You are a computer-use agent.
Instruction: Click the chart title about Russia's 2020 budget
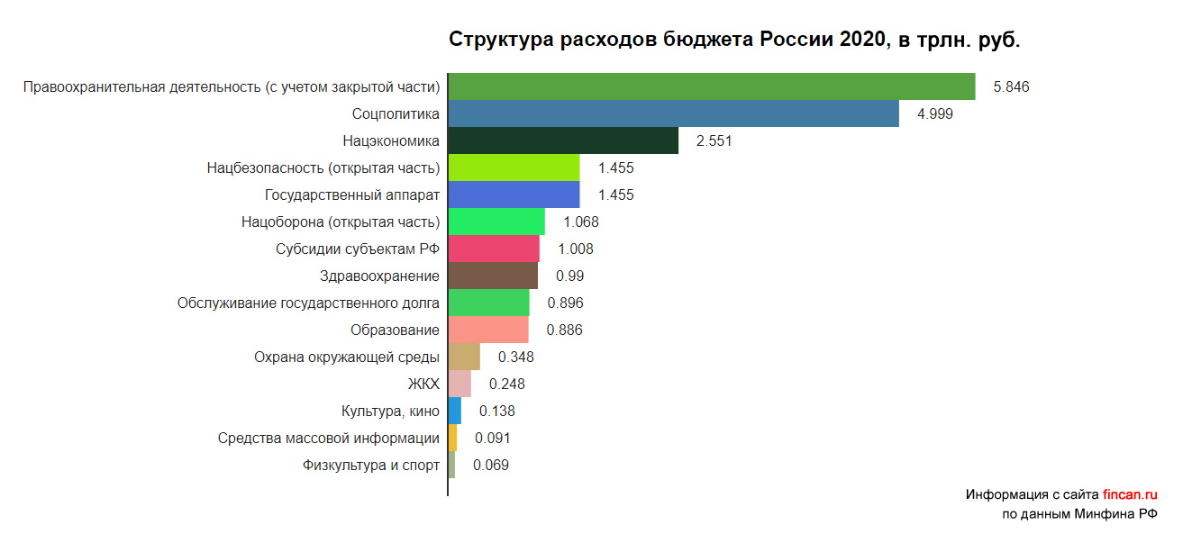click(734, 41)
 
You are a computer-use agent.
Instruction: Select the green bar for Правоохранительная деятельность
click(712, 86)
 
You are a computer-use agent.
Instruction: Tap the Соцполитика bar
click(673, 113)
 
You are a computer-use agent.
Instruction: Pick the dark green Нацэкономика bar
click(563, 140)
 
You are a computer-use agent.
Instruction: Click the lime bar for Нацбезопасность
click(514, 167)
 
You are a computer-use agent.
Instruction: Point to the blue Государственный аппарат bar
click(514, 195)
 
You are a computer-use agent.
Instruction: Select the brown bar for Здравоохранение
click(493, 276)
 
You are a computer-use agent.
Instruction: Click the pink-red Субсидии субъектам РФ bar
click(494, 249)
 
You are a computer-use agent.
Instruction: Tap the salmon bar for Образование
click(488, 330)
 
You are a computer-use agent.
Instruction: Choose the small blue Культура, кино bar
click(455, 411)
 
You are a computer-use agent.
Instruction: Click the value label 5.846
click(1011, 87)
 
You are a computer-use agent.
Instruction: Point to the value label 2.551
click(714, 141)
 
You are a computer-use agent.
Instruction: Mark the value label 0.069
click(491, 466)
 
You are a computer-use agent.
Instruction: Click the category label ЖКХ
click(423, 385)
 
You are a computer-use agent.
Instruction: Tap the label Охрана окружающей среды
click(347, 357)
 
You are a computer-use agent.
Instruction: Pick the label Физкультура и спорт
click(371, 466)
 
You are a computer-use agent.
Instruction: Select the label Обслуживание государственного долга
click(308, 303)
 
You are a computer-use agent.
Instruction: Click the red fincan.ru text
click(1129, 494)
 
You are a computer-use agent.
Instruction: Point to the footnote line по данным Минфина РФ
click(1079, 514)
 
